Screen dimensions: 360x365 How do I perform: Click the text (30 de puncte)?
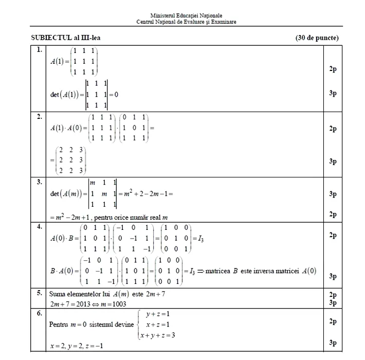317,38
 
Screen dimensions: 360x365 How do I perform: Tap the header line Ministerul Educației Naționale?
187,16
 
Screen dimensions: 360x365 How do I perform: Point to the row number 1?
39,50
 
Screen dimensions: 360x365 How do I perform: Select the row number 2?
39,117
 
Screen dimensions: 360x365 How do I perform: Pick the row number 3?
39,181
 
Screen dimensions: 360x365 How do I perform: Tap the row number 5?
39,293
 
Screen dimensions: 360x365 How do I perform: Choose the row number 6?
39,313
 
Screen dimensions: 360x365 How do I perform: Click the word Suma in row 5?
58,295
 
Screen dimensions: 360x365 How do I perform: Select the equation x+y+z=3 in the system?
160,335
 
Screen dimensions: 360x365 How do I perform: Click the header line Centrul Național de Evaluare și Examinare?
187,22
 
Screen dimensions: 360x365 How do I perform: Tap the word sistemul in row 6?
102,325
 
